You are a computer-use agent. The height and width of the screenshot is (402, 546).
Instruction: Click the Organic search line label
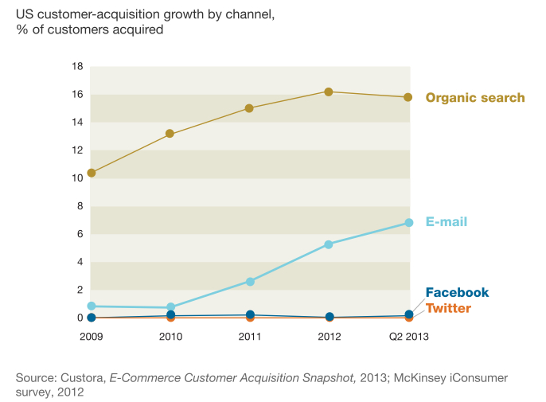(475, 98)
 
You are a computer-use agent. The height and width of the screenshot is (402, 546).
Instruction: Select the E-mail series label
(446, 222)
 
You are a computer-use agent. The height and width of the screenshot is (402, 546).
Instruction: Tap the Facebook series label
(457, 293)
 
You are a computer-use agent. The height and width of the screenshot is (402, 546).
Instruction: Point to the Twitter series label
(448, 308)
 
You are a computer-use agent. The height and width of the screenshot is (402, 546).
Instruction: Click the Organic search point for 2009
(92, 173)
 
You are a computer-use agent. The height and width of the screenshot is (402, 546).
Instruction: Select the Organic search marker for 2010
(170, 134)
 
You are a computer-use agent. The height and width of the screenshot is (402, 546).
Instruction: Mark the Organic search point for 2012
(329, 92)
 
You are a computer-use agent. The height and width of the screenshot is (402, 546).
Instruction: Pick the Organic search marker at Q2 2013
(408, 97)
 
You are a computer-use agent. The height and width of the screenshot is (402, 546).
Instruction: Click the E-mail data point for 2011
(250, 281)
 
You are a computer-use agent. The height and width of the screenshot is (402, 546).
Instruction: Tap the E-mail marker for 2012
(329, 244)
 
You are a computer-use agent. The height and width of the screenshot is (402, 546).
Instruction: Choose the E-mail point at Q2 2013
(408, 223)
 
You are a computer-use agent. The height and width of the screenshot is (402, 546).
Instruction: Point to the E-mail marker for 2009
(92, 306)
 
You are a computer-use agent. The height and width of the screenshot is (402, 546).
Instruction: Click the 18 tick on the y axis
(78, 67)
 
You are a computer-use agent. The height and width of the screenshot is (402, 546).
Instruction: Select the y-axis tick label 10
(78, 178)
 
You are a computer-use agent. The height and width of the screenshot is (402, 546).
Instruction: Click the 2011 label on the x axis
(250, 337)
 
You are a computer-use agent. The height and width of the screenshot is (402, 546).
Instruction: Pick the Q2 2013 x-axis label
(408, 337)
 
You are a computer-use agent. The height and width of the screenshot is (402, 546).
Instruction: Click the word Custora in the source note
(83, 377)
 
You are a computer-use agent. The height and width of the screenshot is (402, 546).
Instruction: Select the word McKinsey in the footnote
(425, 377)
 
